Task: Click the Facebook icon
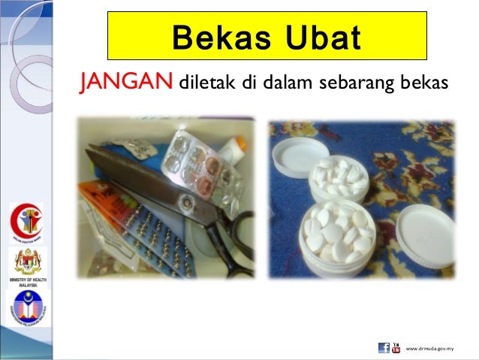click(384, 347)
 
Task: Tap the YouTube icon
click(396, 347)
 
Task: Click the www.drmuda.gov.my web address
click(430, 348)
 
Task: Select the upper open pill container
click(337, 177)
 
